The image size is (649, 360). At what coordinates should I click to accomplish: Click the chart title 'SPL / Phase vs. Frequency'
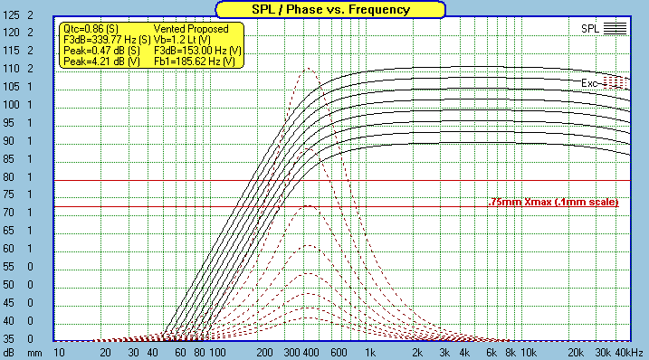pos(330,10)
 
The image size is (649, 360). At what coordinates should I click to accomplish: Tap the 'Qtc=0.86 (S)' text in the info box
pos(91,29)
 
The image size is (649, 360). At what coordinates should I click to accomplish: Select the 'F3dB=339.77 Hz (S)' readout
pos(107,40)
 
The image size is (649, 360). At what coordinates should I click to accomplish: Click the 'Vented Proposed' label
pos(191,29)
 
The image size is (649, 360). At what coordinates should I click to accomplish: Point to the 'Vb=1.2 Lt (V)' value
pos(182,40)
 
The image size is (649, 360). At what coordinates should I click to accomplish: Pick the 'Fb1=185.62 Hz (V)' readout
pos(195,62)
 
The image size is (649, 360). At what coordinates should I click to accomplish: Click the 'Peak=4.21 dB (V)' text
pos(101,62)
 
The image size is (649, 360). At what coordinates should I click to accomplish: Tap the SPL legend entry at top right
pos(604,29)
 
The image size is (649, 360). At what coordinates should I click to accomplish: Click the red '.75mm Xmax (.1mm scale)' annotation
pos(553,202)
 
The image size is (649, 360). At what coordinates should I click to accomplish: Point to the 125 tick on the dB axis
pos(11,14)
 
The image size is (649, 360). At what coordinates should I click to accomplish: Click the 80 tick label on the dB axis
pos(9,176)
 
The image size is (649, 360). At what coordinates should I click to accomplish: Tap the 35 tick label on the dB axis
pos(9,339)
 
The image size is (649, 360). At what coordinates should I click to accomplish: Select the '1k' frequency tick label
pos(370,353)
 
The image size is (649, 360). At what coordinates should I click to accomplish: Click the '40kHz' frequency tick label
pos(629,353)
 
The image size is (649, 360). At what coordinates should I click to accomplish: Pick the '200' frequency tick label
pos(264,353)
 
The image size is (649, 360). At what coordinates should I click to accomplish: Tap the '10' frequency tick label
pos(59,353)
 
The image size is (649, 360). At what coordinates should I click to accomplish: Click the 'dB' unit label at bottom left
pos(9,353)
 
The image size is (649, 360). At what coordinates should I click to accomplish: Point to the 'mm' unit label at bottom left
pos(34,354)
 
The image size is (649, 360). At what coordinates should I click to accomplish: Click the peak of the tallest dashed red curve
pos(308,69)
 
